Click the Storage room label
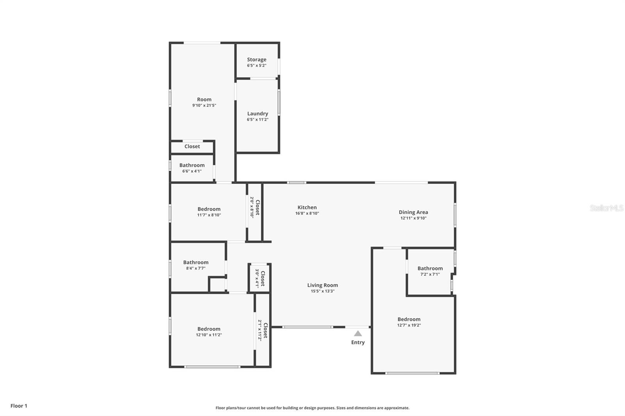pyautogui.click(x=257, y=60)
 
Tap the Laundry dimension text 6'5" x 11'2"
pyautogui.click(x=257, y=119)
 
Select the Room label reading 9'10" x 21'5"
pyautogui.click(x=204, y=102)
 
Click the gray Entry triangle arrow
pyautogui.click(x=358, y=334)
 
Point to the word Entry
pyautogui.click(x=358, y=342)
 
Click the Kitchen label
pyautogui.click(x=307, y=208)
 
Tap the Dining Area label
pyautogui.click(x=413, y=212)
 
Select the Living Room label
pyautogui.click(x=322, y=285)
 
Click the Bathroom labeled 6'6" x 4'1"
pyautogui.click(x=192, y=168)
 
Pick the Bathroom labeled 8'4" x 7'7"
pyautogui.click(x=196, y=265)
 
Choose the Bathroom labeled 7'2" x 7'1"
pyautogui.click(x=430, y=271)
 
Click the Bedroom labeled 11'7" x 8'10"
pyautogui.click(x=209, y=212)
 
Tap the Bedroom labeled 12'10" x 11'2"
pyautogui.click(x=209, y=331)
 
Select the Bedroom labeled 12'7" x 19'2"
pyautogui.click(x=409, y=322)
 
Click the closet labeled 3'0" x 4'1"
pyautogui.click(x=260, y=278)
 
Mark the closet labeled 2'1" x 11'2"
pyautogui.click(x=262, y=330)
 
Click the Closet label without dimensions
pyautogui.click(x=192, y=146)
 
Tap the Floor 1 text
pyautogui.click(x=19, y=406)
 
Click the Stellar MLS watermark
pyautogui.click(x=607, y=208)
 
